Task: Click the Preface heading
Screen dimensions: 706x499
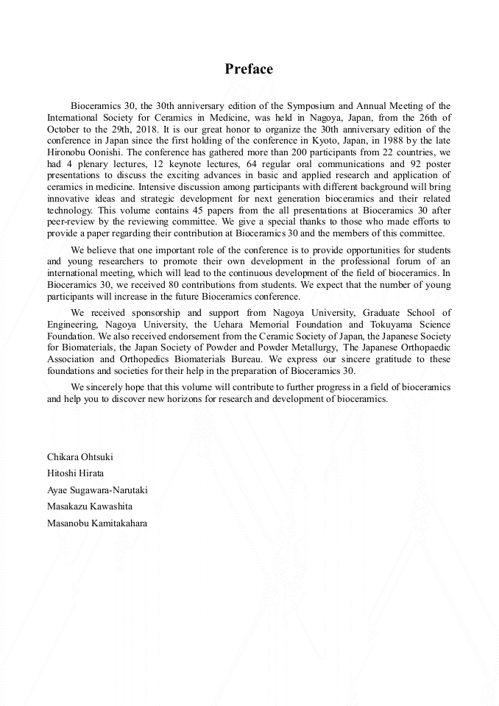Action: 249,69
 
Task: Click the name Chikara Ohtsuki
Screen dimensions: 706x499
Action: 80,457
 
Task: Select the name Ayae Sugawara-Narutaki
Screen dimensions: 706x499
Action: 98,490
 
